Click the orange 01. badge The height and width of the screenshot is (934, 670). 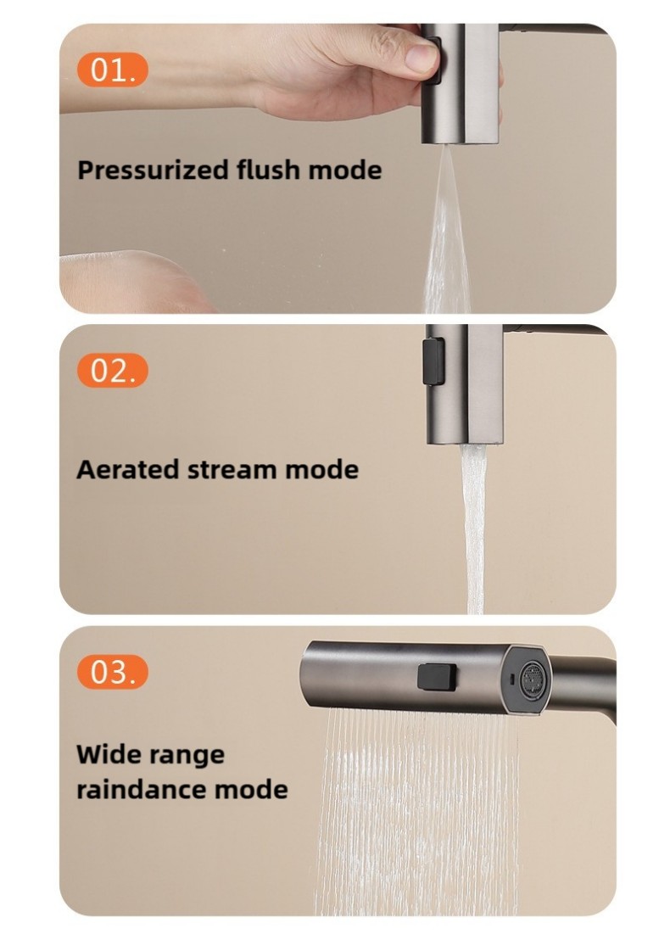click(112, 70)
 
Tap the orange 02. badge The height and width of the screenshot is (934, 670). click(112, 371)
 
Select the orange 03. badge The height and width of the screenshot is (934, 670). click(112, 672)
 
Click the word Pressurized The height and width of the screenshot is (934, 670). click(154, 171)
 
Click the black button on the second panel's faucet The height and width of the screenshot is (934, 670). click(433, 361)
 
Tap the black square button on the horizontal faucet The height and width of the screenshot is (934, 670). click(437, 677)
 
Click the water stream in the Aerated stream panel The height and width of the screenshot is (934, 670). click(473, 529)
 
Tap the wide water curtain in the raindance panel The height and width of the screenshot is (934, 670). click(418, 810)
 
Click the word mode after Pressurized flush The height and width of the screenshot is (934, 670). click(345, 171)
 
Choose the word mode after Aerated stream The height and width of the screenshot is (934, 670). click(321, 469)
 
